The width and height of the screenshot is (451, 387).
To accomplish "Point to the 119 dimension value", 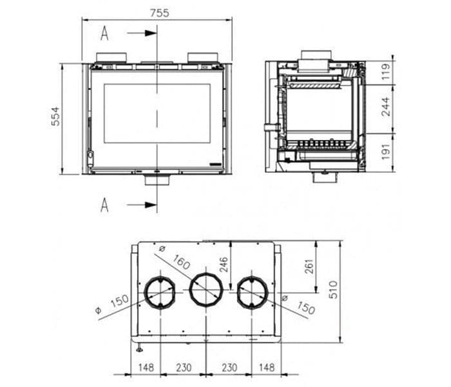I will click(386, 71).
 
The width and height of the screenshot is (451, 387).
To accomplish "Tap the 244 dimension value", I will click(386, 106).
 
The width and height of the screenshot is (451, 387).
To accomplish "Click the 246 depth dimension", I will click(224, 265).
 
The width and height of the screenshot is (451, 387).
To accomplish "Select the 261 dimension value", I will click(309, 266).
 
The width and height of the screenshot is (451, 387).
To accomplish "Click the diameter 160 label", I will click(181, 263).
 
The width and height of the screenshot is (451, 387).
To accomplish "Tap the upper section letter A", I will click(104, 33).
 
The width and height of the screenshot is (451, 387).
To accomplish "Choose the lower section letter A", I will click(104, 205).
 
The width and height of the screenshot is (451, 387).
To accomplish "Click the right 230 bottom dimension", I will click(229, 368).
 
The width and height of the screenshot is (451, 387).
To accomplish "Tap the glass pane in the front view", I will click(157, 113).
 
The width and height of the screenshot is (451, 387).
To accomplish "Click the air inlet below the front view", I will click(157, 180).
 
